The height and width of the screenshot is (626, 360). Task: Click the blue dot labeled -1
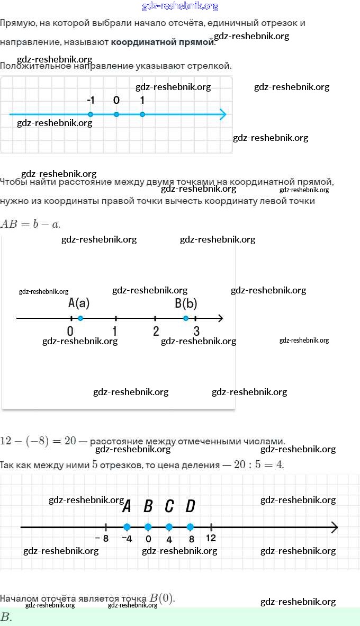point(91,114)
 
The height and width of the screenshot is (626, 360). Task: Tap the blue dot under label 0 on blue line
point(116,114)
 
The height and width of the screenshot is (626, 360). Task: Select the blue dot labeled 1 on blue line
point(142,114)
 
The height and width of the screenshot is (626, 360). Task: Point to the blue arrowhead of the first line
point(223,114)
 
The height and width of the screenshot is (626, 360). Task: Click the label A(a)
point(79,303)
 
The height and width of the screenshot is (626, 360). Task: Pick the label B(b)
point(186,303)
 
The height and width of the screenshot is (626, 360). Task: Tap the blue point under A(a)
point(80,318)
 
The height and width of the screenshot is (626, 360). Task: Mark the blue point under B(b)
point(186,318)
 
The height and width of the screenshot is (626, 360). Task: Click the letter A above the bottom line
point(127,506)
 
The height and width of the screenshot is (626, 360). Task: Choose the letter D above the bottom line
point(190,506)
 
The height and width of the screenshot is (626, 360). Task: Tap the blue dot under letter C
point(169,527)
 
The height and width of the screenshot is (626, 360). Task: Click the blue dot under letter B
point(148,527)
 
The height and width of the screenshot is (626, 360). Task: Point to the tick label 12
point(211,538)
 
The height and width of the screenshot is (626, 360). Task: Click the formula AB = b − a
point(30,224)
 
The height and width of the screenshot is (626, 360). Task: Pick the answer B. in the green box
point(6,617)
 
